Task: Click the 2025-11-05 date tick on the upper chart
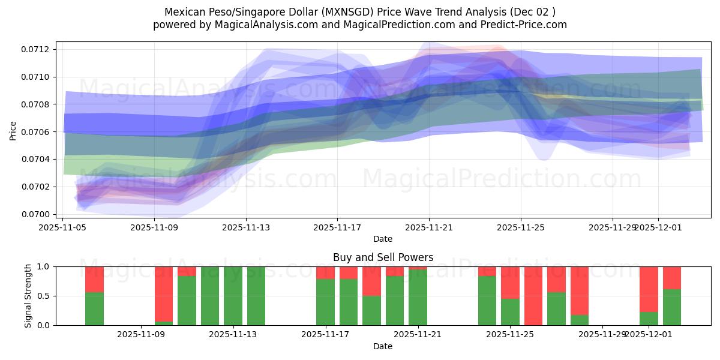point(63,227)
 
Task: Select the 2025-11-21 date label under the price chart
point(429,227)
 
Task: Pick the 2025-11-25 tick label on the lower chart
point(509,335)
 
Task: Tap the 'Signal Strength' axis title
point(28,296)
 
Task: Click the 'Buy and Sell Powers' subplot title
point(383,257)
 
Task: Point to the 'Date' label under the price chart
point(383,239)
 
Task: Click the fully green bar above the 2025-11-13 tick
point(233,296)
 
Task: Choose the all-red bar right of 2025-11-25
point(533,296)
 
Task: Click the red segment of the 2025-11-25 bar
point(510,282)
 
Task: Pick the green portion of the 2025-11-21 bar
point(418,297)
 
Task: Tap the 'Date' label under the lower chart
point(383,346)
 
